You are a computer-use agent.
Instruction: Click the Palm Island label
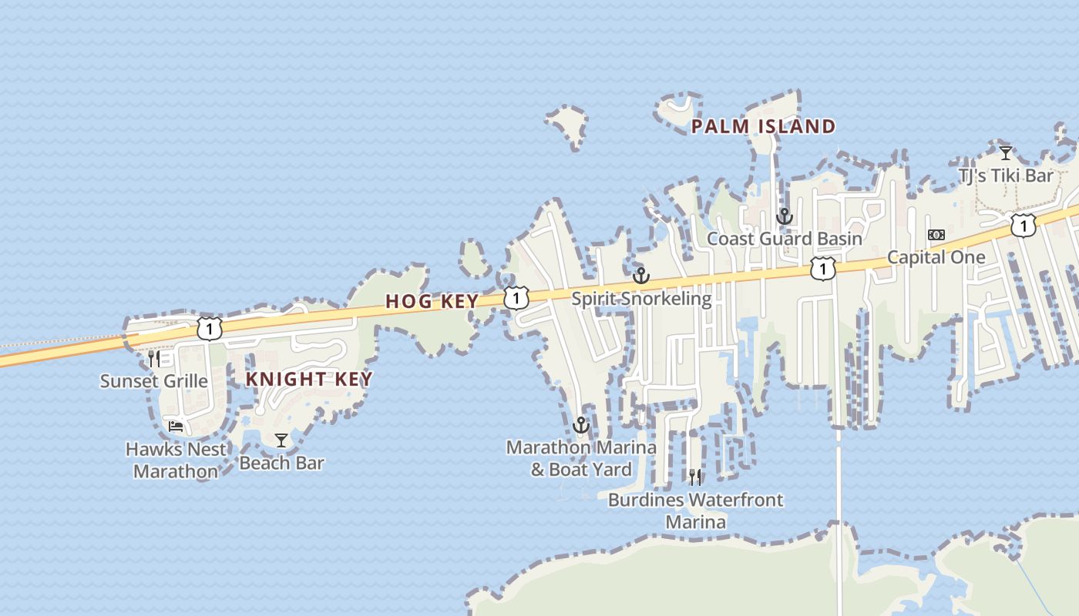click(x=763, y=126)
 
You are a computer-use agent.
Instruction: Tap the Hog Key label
click(x=432, y=301)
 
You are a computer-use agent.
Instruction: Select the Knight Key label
click(x=309, y=379)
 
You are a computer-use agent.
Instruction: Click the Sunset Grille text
click(x=154, y=380)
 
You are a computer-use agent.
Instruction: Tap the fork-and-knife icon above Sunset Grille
click(x=154, y=359)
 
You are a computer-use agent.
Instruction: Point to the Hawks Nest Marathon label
click(x=176, y=460)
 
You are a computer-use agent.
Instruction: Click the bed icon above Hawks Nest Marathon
click(x=176, y=427)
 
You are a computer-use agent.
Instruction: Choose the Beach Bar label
click(x=281, y=463)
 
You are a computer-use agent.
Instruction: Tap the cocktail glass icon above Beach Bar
click(x=281, y=440)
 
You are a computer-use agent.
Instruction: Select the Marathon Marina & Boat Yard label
click(x=581, y=458)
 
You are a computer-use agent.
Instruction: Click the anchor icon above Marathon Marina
click(x=581, y=425)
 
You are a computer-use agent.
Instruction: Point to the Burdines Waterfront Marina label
click(x=695, y=511)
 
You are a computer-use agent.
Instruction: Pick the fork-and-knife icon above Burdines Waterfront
click(x=695, y=477)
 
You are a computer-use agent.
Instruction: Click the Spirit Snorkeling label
click(x=641, y=298)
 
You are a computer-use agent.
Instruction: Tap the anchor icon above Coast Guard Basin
click(x=785, y=216)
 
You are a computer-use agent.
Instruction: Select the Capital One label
click(x=936, y=257)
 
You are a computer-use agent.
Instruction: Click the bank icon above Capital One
click(x=936, y=235)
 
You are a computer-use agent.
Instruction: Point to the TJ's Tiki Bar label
click(x=1005, y=176)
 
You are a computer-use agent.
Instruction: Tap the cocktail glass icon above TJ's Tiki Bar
click(x=1005, y=153)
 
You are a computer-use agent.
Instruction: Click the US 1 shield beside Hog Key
click(x=516, y=298)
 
